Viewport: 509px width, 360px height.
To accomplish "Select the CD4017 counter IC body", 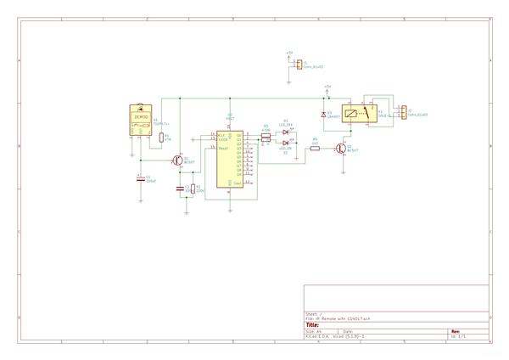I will pos(229,159).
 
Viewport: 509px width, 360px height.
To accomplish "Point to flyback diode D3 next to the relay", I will pos(323,115).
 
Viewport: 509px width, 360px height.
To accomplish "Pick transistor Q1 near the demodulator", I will pos(177,159).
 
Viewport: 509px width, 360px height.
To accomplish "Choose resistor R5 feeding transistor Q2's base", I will pos(315,149).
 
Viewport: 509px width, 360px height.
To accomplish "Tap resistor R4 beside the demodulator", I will pos(161,136).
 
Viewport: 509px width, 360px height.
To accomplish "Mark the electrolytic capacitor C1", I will pos(139,179).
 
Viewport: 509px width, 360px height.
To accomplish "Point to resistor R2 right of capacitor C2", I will pos(193,189).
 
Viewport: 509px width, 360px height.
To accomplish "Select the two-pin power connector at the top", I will pos(299,63).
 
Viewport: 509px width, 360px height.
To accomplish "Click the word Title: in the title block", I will pos(312,324).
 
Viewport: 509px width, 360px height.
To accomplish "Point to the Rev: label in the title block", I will pos(455,331).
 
